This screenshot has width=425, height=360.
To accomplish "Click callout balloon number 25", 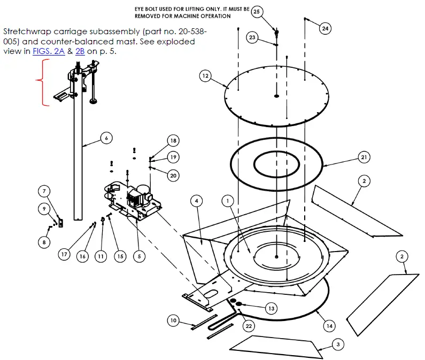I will click(257, 12).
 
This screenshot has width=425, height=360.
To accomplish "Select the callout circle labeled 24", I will click(326, 29).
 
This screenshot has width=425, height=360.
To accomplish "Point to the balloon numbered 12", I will click(205, 76).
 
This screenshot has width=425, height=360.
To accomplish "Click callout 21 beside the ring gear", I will click(364, 157).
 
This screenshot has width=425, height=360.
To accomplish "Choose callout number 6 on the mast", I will click(106, 138).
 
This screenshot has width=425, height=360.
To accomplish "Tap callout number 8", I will click(173, 320).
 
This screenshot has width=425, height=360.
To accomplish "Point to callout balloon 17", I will click(64, 255).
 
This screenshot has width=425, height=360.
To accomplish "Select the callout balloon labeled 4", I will click(197, 201).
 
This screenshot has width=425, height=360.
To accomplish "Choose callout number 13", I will click(271, 308).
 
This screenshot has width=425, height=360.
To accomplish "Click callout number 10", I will click(173, 320).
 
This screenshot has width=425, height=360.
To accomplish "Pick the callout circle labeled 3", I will click(337, 345).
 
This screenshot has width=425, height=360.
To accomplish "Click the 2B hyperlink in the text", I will click(80, 52).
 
